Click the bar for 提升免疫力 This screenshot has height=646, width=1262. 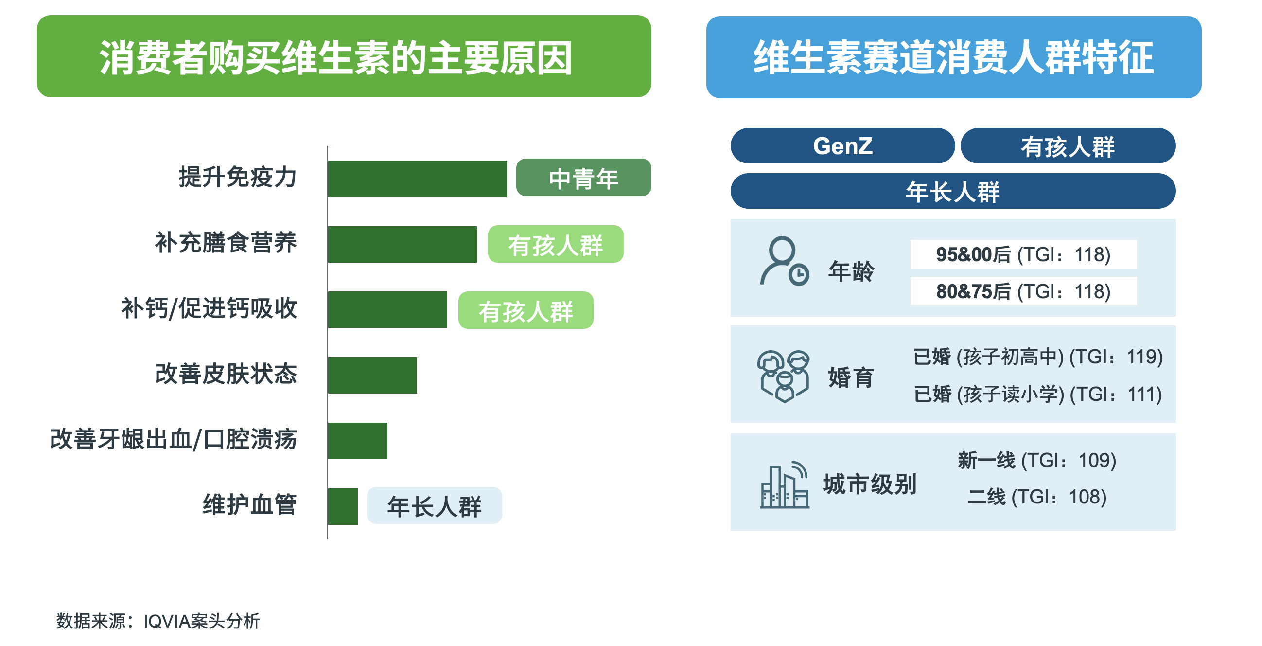[418, 179]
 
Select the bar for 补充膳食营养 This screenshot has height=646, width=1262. [402, 244]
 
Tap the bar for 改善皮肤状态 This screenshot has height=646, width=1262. [372, 375]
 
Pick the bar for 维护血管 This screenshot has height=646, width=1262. [343, 506]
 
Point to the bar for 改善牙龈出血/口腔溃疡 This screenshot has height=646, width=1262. [358, 441]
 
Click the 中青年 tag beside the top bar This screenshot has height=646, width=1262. [583, 178]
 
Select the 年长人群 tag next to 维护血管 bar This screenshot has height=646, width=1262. [434, 505]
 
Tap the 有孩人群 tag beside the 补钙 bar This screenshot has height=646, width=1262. [526, 310]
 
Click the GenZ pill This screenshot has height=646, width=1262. [842, 145]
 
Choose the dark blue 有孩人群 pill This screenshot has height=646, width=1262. [1068, 145]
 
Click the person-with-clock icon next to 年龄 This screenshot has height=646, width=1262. [784, 261]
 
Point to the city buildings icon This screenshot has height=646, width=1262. [784, 484]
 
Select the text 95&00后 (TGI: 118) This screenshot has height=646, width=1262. [1023, 254]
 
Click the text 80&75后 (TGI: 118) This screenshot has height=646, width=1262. [1023, 292]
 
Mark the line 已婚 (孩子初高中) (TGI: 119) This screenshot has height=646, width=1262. [1038, 357]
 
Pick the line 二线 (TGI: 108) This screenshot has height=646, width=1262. [1037, 497]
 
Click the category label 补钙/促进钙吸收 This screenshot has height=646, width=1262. [209, 309]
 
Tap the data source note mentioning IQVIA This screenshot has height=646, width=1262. [158, 621]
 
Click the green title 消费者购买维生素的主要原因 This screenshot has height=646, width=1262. [336, 58]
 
